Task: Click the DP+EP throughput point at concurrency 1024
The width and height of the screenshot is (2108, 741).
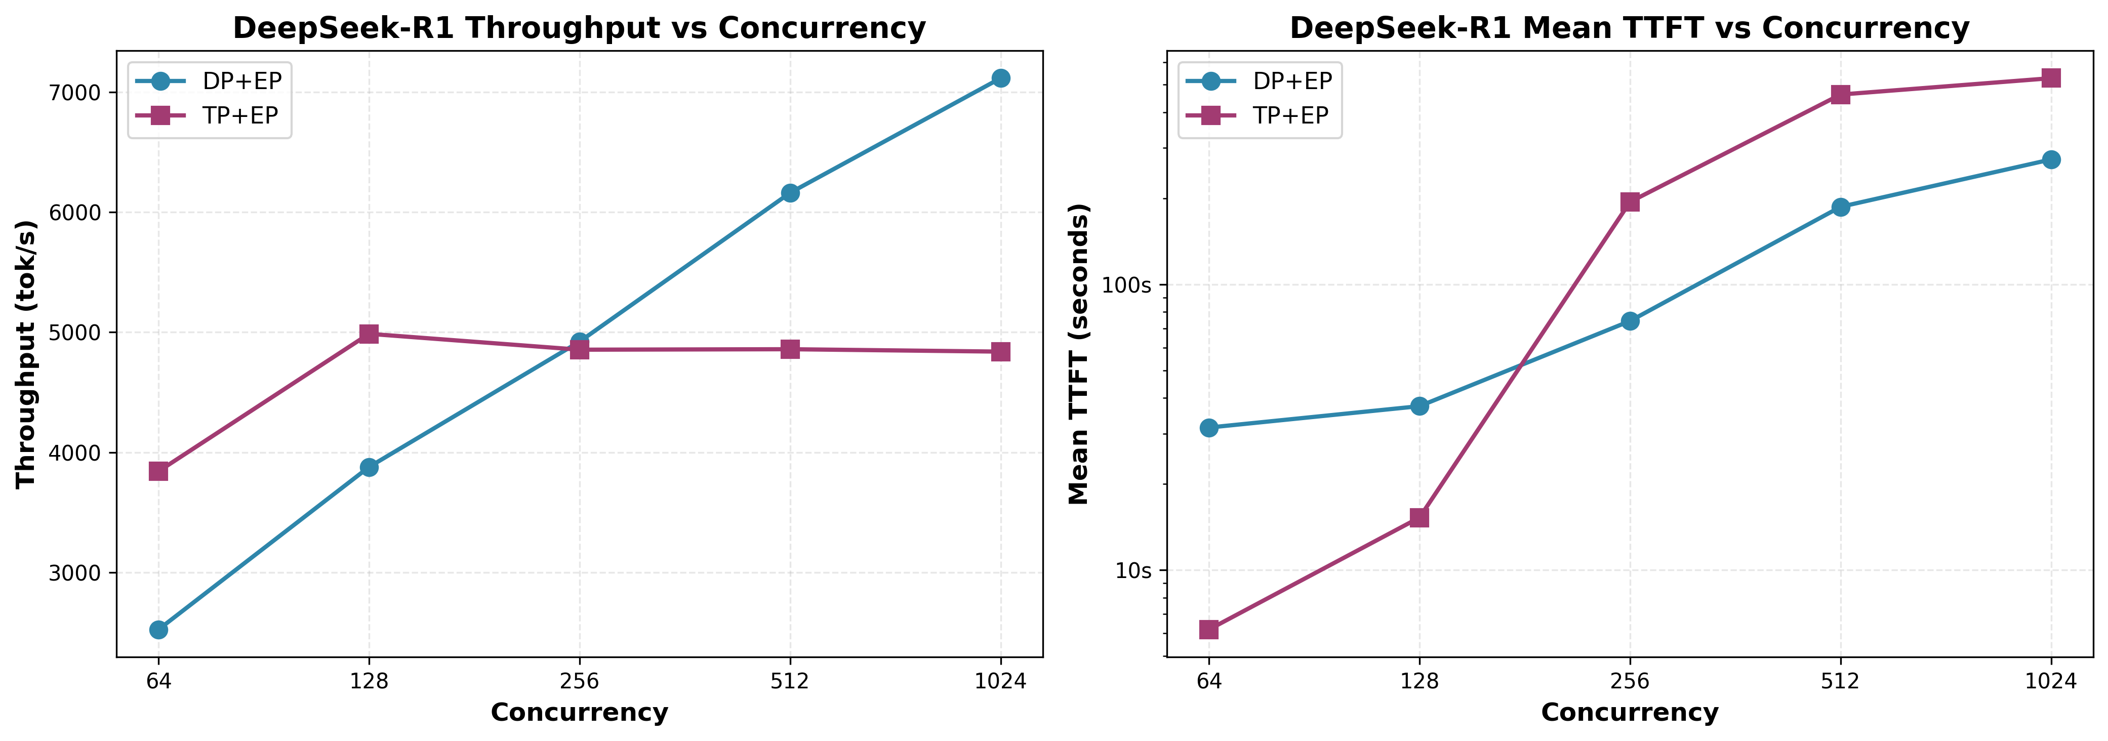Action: pyautogui.click(x=1000, y=78)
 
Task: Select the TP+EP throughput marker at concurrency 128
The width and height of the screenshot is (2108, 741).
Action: pyautogui.click(x=369, y=334)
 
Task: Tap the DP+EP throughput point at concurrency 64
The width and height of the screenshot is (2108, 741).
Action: pyautogui.click(x=159, y=630)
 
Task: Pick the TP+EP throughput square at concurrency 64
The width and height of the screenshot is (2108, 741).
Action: pyautogui.click(x=159, y=471)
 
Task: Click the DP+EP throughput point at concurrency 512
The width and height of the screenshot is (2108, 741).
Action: pyautogui.click(x=790, y=193)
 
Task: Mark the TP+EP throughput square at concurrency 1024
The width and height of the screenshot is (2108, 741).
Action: pyautogui.click(x=1000, y=352)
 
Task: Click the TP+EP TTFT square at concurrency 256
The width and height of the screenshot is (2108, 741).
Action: pyautogui.click(x=1630, y=202)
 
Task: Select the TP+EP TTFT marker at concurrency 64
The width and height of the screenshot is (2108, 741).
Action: pyautogui.click(x=1209, y=630)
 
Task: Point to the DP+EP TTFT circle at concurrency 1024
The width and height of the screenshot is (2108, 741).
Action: pyautogui.click(x=2051, y=159)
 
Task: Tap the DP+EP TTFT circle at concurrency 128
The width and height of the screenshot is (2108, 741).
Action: pyautogui.click(x=1419, y=405)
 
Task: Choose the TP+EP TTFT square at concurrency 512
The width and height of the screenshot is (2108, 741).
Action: pyautogui.click(x=1840, y=95)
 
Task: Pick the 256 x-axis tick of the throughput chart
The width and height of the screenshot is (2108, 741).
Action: pyautogui.click(x=579, y=680)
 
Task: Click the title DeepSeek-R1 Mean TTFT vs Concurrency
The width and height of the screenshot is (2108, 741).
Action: pyautogui.click(x=1629, y=28)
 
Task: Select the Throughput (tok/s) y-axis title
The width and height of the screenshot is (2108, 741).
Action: pyautogui.click(x=26, y=353)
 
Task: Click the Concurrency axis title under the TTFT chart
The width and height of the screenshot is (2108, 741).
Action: pyautogui.click(x=1629, y=712)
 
